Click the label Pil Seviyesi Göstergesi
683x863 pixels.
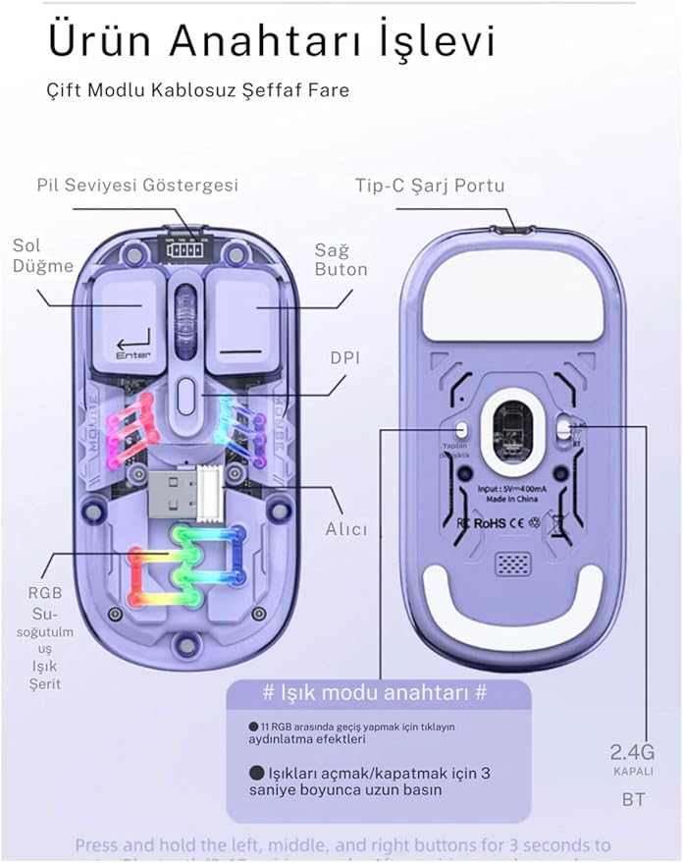(137, 185)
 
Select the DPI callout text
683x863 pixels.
(344, 358)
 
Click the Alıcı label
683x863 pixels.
(346, 529)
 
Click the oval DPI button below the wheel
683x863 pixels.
(184, 398)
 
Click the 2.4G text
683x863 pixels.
(633, 752)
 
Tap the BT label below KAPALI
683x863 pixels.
(633, 799)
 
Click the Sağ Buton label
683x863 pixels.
(341, 260)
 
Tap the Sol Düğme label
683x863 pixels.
(43, 255)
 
